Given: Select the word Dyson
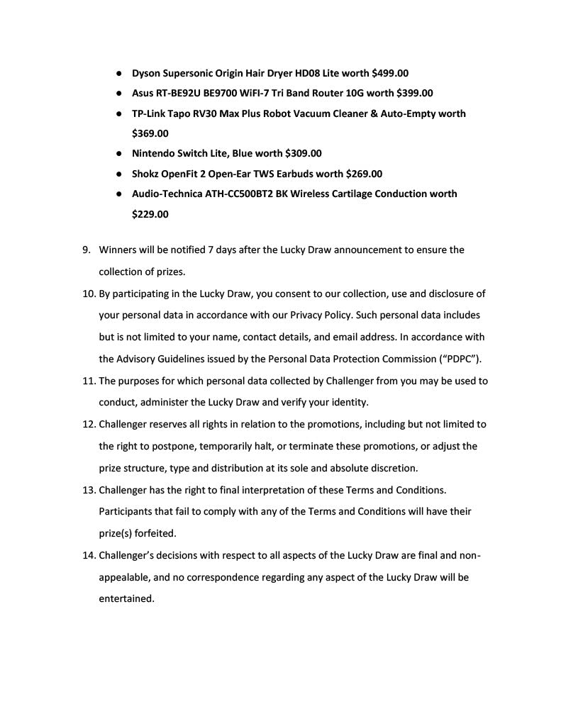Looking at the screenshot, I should click(147, 73).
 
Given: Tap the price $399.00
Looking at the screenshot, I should click(414, 93).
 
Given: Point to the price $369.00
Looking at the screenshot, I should click(150, 133).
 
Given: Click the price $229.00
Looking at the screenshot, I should click(150, 214).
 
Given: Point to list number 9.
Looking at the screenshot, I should click(87, 250).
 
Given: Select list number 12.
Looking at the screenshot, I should click(89, 425).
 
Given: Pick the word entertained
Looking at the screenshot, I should click(126, 598).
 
